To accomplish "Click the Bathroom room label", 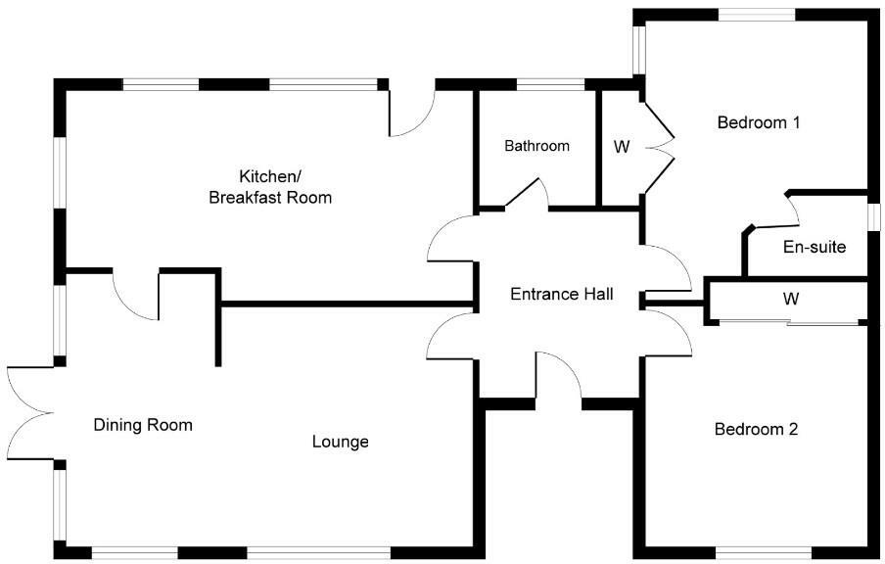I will point(536,146).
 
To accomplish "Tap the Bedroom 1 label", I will point(759,122).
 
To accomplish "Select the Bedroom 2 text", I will point(756,429).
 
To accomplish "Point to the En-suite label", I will point(814,247).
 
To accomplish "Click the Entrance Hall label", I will point(562,293).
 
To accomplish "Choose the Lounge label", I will point(340,442).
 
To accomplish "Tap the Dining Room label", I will point(143,425).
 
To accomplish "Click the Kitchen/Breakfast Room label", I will point(270,187).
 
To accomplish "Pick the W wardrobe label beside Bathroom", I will point(621,147).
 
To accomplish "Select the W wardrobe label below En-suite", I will point(790,298).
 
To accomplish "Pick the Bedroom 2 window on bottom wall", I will point(756,551).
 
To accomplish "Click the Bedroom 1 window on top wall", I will point(756,14).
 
